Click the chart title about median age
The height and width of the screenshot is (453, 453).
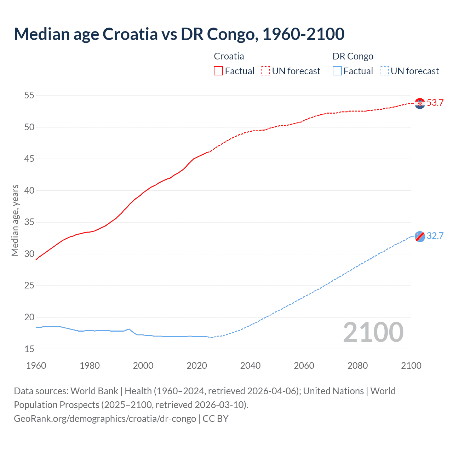[179, 34]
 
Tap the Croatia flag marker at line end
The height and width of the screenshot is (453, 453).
[420, 103]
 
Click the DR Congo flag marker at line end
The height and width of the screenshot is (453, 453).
[420, 236]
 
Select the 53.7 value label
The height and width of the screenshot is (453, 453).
[435, 103]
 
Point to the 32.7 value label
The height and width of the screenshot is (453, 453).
[435, 236]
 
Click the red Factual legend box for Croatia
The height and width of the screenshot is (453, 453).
[218, 71]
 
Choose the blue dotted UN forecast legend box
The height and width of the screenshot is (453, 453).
[384, 71]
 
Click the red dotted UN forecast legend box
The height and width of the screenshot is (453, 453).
[265, 71]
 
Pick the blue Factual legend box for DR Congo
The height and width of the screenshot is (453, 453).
[337, 71]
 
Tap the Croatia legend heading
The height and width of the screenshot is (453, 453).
[229, 56]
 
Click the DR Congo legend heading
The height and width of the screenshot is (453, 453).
[353, 56]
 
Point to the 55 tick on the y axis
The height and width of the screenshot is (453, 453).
[29, 95]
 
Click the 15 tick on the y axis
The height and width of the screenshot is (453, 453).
[29, 349]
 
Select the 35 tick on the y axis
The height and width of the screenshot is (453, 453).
[29, 222]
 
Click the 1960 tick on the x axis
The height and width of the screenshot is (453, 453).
[36, 366]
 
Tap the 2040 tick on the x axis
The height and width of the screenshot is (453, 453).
[250, 366]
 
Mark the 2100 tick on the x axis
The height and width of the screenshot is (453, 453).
[411, 366]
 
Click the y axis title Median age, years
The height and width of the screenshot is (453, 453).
[15, 220]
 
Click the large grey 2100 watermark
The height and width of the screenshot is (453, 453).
[373, 332]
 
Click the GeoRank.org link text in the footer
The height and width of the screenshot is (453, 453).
[105, 419]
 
